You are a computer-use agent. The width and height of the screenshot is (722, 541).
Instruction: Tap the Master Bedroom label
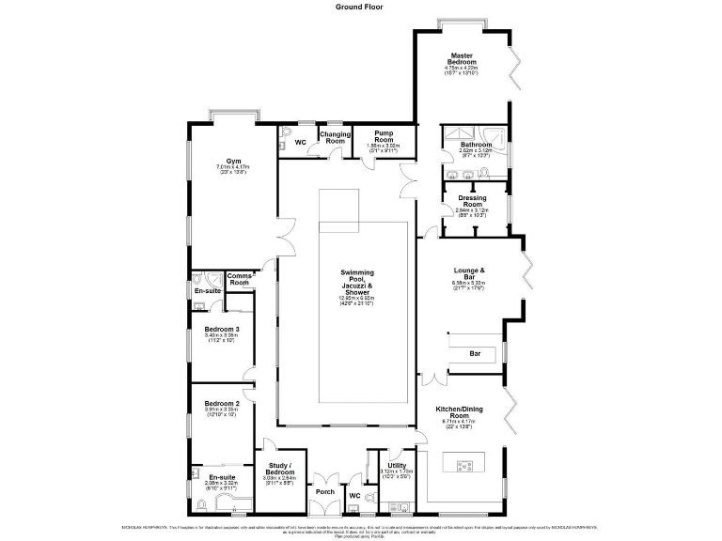461,59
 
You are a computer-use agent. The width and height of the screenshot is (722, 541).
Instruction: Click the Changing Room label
336,138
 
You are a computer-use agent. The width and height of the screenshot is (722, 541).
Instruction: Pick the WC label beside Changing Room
301,143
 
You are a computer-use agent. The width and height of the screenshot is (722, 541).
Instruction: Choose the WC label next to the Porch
354,494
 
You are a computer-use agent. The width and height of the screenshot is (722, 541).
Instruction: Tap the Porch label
324,491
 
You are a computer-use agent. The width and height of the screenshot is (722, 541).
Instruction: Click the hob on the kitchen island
463,466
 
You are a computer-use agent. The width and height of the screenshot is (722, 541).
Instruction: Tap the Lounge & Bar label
468,273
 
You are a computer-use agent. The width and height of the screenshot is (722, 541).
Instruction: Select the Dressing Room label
472,200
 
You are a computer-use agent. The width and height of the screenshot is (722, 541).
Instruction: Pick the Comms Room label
240,279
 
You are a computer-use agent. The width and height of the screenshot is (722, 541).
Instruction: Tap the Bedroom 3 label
222,329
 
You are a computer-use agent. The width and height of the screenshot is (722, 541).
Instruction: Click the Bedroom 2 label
222,404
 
